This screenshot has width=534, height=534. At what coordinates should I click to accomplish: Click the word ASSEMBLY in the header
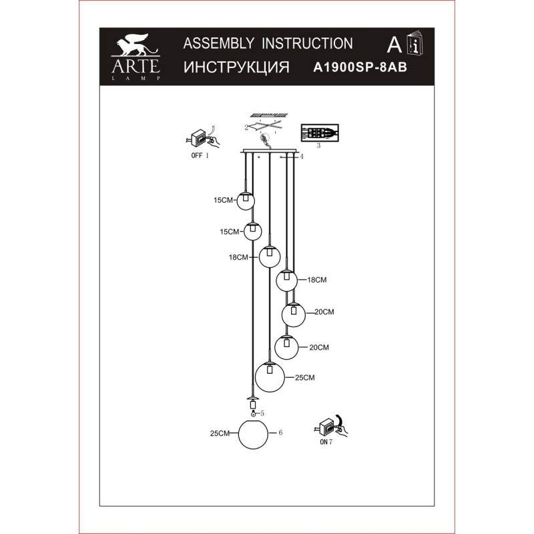218,43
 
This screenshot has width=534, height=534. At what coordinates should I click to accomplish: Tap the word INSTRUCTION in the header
307,43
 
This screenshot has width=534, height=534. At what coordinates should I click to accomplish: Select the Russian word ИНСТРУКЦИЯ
236,67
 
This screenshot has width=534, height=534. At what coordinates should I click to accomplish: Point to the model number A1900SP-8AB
360,67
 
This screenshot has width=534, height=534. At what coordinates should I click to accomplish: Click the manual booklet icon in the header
415,43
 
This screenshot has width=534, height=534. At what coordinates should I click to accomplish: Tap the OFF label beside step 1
197,156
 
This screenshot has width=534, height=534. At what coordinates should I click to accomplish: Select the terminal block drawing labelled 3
320,132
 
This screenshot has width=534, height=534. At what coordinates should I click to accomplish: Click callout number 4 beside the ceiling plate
302,157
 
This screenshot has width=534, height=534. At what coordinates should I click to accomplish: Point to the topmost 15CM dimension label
223,200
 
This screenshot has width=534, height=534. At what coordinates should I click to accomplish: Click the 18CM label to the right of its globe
316,280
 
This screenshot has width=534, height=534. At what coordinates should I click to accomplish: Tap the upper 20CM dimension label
324,312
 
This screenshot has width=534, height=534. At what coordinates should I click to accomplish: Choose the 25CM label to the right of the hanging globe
305,378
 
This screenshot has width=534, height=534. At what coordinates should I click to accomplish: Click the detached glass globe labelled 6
254,435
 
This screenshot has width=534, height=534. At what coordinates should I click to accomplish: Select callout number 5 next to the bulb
262,413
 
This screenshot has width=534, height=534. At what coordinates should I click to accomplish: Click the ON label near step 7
324,442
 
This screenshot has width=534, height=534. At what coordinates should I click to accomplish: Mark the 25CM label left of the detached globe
220,433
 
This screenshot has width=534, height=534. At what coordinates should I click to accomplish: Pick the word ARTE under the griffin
136,66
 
